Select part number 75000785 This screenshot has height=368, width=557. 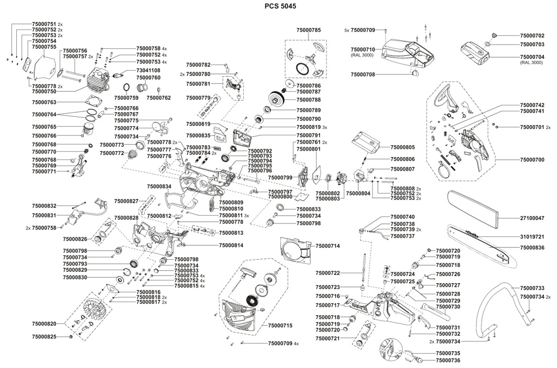tap(308, 30)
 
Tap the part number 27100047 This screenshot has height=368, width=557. tap(532, 217)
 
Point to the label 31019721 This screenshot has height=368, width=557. tap(532, 237)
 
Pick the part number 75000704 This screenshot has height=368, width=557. tap(532, 57)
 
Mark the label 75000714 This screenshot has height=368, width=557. tap(327, 246)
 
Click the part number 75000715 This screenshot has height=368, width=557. tap(280, 326)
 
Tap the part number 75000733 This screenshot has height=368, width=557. tap(532, 288)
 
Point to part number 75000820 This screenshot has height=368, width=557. tap(44, 323)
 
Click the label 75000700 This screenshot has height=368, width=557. tap(532, 160)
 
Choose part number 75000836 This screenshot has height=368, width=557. tap(532, 247)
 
